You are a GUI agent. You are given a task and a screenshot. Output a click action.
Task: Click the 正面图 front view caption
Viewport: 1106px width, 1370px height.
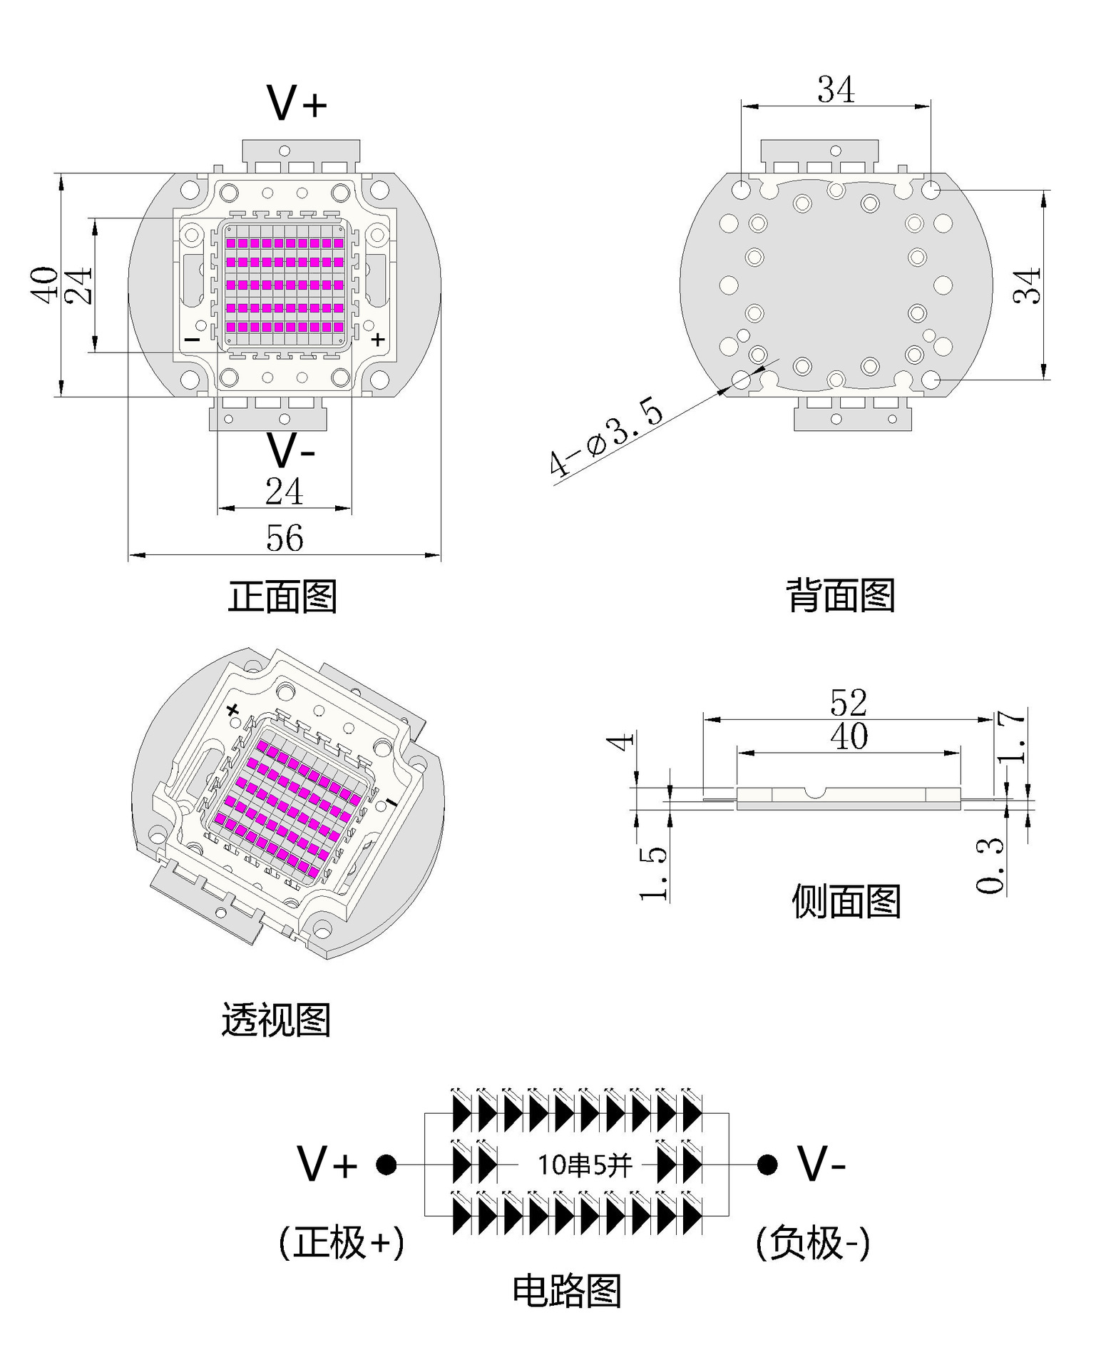[282, 597]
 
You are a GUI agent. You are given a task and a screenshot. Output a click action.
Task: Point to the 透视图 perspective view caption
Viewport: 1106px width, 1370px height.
[276, 1020]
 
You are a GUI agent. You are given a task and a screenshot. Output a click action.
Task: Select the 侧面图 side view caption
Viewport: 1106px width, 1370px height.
[846, 901]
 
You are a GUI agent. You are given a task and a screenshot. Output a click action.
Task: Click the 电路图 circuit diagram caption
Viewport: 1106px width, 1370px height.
[567, 1291]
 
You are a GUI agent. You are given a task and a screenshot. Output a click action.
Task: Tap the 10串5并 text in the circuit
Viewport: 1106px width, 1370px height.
[585, 1165]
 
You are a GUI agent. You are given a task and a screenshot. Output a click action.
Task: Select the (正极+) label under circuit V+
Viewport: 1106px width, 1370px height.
[342, 1242]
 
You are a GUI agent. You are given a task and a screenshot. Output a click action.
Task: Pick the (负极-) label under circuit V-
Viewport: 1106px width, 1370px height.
[813, 1242]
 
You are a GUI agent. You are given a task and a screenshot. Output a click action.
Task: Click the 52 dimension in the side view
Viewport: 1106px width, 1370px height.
[849, 703]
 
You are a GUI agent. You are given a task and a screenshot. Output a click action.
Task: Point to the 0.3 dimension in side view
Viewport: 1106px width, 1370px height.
[990, 865]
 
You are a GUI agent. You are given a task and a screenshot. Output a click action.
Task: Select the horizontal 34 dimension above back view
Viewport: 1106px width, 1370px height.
[836, 90]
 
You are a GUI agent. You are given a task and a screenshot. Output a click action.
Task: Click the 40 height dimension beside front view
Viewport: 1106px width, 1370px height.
[44, 285]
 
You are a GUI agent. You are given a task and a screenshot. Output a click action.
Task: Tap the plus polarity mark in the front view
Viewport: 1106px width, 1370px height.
[378, 340]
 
